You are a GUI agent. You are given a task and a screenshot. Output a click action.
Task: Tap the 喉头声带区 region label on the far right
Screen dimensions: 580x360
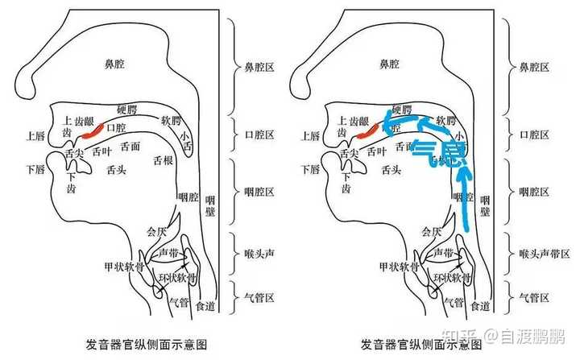coord(539,253)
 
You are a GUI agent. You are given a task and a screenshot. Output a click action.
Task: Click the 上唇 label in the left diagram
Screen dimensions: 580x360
coord(36,135)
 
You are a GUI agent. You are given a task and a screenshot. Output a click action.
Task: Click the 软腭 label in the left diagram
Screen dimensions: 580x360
coord(172,121)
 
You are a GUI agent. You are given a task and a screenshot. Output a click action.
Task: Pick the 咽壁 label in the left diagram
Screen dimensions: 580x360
coord(210,205)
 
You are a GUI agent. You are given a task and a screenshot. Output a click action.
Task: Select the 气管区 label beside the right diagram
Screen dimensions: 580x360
coord(533,296)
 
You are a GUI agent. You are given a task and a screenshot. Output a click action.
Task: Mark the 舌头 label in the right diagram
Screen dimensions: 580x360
coord(391,170)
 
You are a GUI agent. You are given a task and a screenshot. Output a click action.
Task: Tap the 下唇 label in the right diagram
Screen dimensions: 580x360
coord(309,170)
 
